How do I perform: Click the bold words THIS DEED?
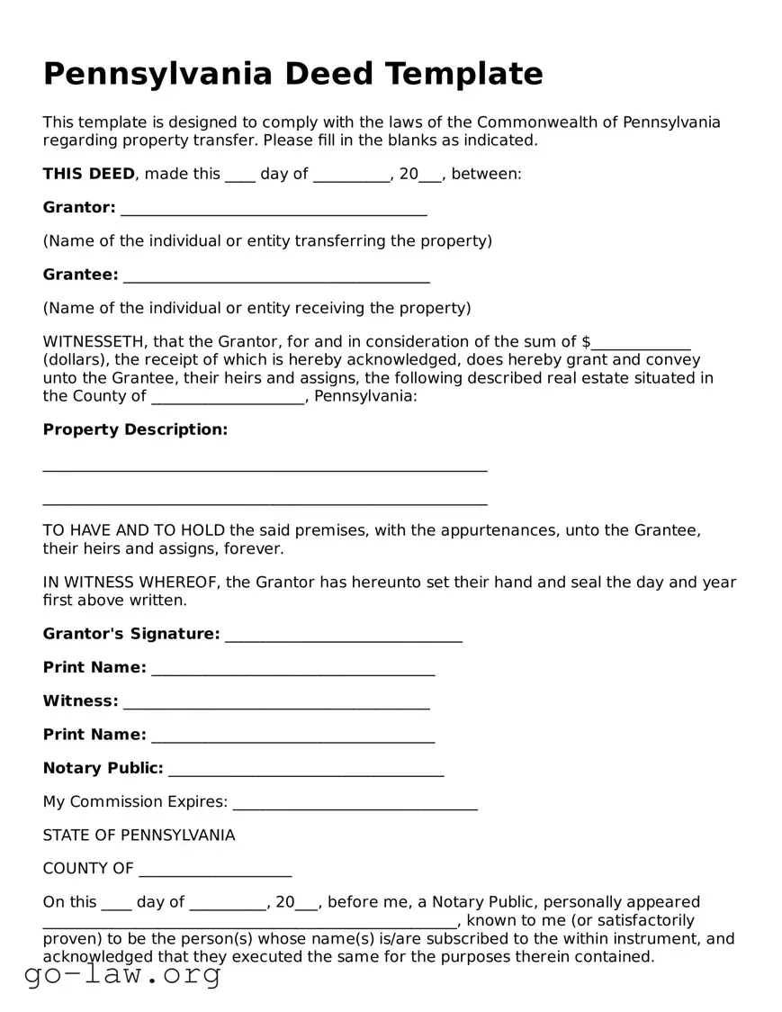tap(88, 174)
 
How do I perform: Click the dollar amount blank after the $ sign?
tap(641, 343)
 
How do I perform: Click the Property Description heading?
tap(135, 429)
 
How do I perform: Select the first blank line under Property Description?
tap(265, 467)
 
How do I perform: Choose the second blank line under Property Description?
tap(265, 501)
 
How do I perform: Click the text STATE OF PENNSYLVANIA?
tap(139, 836)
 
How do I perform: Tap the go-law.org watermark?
tap(122, 974)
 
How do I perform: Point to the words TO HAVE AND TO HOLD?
tap(134, 530)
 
